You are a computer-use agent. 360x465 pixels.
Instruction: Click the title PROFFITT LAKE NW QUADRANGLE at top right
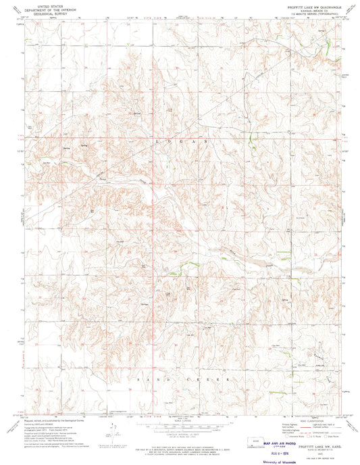311,5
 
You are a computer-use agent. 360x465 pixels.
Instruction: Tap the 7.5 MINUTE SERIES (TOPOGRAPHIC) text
311,13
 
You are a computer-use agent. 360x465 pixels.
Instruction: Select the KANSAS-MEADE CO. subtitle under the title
311,9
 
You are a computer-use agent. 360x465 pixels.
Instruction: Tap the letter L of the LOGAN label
156,143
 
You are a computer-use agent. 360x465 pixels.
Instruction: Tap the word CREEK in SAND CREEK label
209,380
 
